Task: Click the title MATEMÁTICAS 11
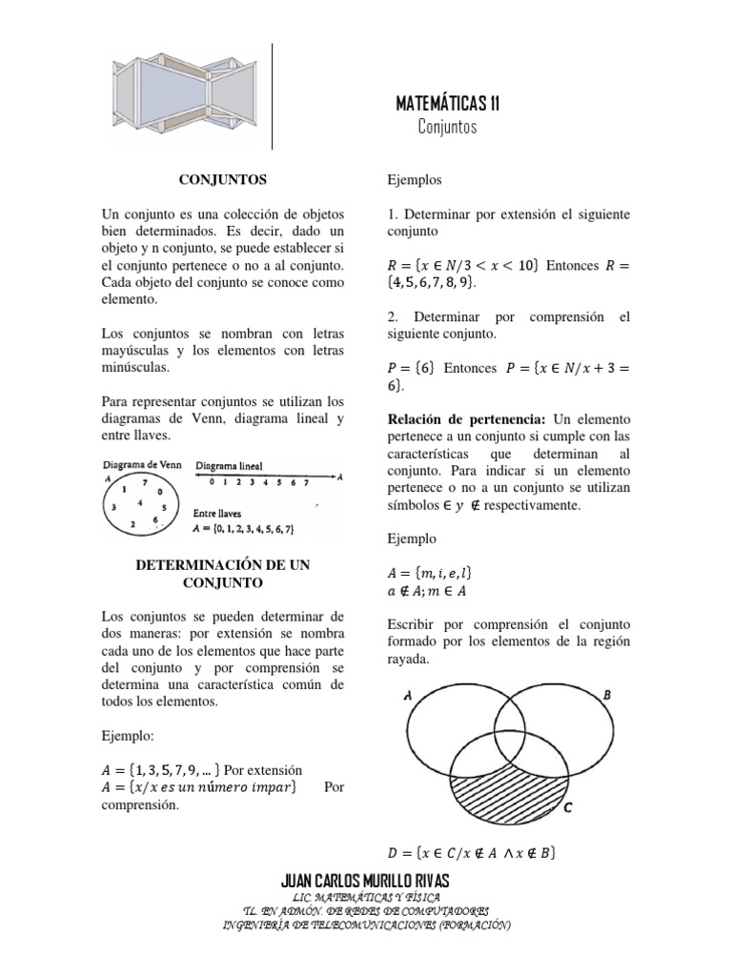point(446,104)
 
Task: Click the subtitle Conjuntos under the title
point(446,127)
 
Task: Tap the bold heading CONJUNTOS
point(224,178)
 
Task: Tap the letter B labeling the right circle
point(607,696)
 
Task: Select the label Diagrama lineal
point(230,466)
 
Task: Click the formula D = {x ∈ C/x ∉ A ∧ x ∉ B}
point(472,853)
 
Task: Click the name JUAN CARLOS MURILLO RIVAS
point(366,879)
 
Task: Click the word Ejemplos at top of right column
point(415,178)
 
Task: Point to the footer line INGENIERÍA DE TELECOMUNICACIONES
point(366,925)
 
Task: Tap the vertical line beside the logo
point(274,95)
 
